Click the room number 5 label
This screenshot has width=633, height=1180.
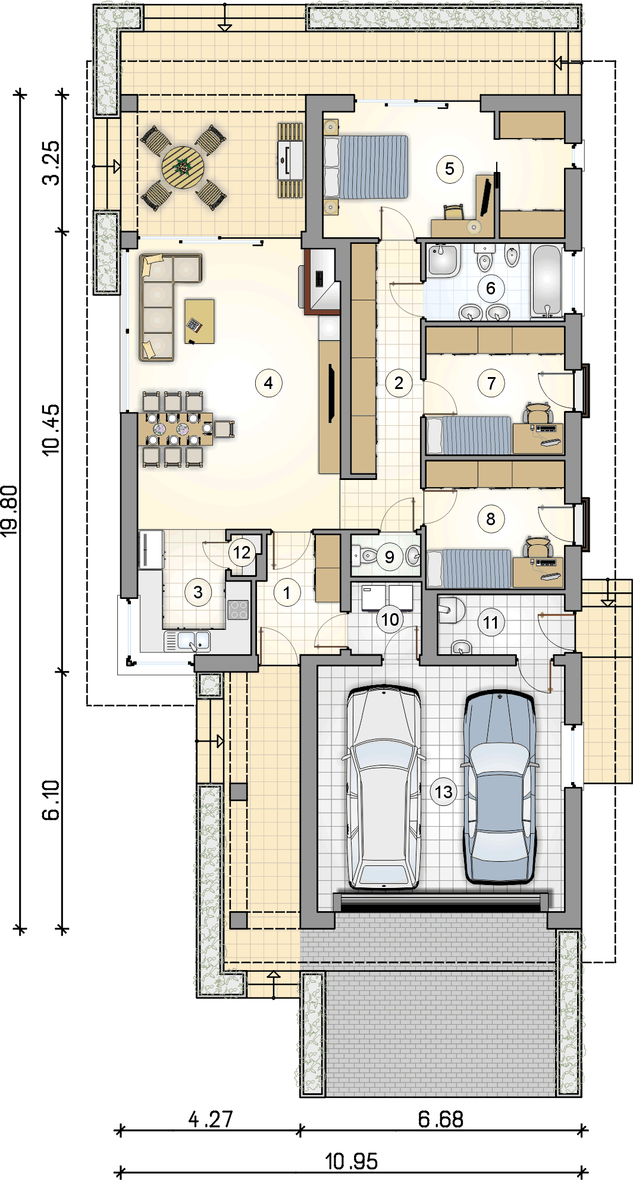450,169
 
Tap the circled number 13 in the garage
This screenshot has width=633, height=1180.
444,792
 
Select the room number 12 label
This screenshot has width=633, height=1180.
242,553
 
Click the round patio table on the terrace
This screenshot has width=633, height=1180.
183,168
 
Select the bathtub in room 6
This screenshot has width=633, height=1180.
547,280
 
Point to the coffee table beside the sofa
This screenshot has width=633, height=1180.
199,321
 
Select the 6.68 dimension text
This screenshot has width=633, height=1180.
440,1119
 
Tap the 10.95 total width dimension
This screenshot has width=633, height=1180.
351,1161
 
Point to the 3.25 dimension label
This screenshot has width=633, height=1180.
52,162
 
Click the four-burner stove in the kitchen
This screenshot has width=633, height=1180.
239,610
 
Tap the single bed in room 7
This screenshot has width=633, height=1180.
469,435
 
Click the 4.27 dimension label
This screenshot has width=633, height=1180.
211,1119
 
